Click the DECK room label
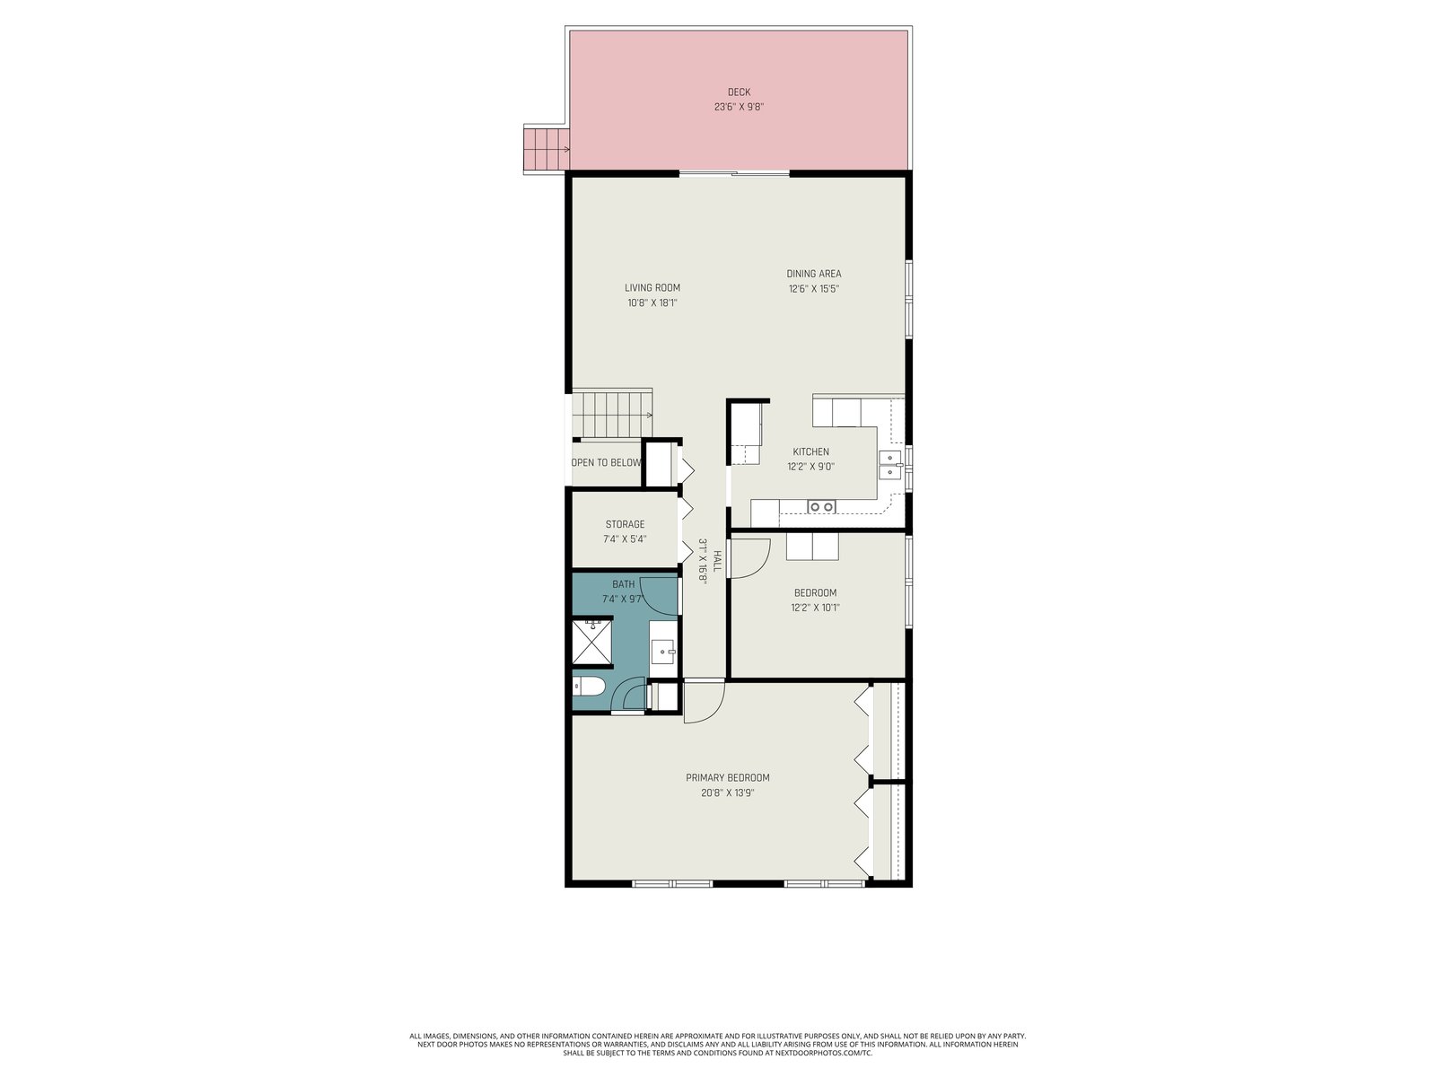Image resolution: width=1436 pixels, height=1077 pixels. click(739, 92)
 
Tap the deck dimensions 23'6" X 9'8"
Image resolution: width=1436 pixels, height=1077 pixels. click(739, 107)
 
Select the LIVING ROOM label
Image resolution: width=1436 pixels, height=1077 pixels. click(652, 288)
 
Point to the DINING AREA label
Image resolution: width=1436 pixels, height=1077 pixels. click(813, 274)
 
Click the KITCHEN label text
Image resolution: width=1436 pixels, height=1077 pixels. click(810, 451)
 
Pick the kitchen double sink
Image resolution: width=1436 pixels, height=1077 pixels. click(889, 464)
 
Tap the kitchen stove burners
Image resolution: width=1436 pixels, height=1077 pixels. click(821, 506)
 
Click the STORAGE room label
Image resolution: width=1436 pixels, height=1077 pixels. click(625, 524)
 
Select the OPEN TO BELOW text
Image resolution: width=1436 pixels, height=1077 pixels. click(607, 463)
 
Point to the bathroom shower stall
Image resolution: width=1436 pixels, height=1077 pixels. click(592, 642)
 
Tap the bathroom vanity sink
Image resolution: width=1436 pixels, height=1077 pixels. click(663, 652)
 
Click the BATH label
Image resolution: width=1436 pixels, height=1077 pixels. click(624, 584)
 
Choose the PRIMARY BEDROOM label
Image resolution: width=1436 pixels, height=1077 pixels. click(727, 778)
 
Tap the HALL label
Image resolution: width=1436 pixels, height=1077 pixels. click(716, 561)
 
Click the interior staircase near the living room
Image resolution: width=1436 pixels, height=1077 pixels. click(612, 414)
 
